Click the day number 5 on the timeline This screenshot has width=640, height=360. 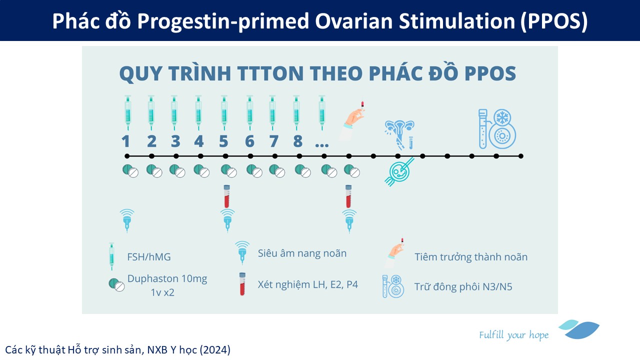(x=223, y=141)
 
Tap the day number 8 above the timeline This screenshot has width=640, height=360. (x=297, y=141)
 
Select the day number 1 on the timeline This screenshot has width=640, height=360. (x=125, y=141)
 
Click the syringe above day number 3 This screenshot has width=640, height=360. (x=174, y=113)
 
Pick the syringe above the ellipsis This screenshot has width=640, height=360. (x=322, y=113)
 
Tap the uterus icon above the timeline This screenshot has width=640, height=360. (x=399, y=135)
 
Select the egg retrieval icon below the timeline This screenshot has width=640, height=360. (x=399, y=171)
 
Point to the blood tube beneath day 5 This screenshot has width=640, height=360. (x=226, y=196)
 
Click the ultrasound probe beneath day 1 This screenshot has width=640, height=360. (x=127, y=220)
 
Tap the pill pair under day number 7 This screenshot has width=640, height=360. (x=277, y=171)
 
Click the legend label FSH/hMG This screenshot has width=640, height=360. (x=149, y=257)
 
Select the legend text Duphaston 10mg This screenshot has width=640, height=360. (x=167, y=278)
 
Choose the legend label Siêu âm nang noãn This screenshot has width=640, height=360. (x=302, y=253)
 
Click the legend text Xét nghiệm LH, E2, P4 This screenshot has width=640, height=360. (x=307, y=284)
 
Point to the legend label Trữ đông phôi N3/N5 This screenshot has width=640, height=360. (x=463, y=286)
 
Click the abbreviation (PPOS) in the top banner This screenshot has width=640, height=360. (x=553, y=21)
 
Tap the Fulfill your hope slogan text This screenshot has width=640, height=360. (x=513, y=335)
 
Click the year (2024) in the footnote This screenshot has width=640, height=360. (x=215, y=350)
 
